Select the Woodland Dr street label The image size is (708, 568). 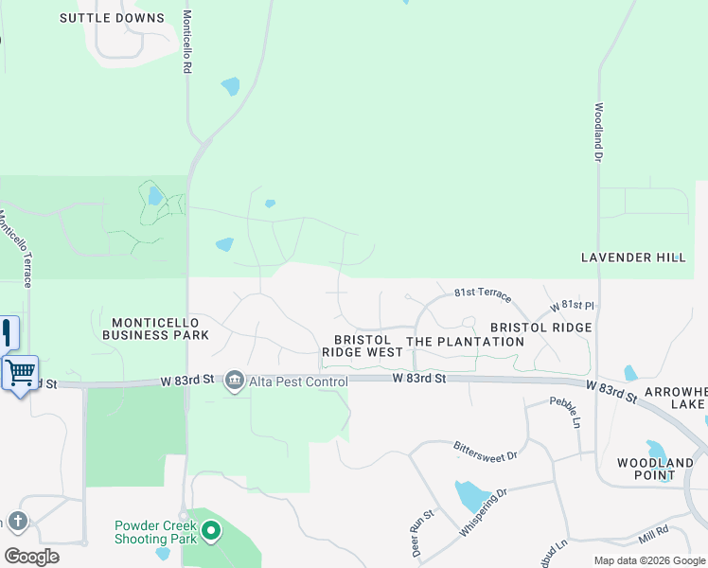tap(599, 132)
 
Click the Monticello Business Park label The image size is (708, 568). tap(154, 328)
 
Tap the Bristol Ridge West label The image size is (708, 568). tap(363, 346)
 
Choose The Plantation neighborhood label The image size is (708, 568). tap(465, 341)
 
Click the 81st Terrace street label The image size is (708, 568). tap(483, 294)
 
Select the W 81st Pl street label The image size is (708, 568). tap(572, 307)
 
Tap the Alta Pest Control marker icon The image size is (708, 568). tap(234, 382)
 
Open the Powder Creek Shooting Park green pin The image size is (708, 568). tap(211, 532)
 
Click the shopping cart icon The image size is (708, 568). tap(20, 371)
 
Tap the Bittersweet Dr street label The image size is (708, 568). tap(485, 450)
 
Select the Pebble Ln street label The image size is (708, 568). tap(566, 412)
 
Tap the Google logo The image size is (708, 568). tap(31, 556)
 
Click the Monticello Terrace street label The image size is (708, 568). tap(15, 249)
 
